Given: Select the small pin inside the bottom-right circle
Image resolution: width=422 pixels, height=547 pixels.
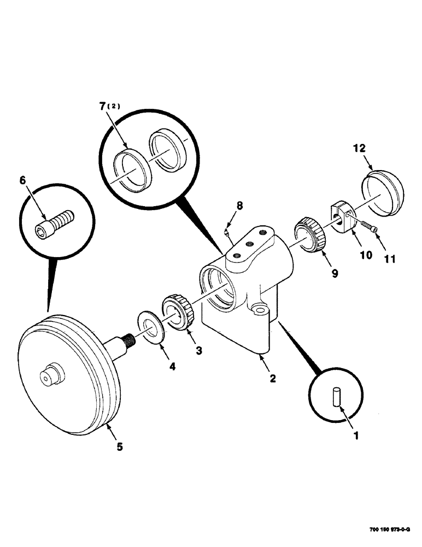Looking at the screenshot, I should [x=336, y=397].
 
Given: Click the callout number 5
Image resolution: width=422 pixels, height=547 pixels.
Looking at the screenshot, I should [x=119, y=446].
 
